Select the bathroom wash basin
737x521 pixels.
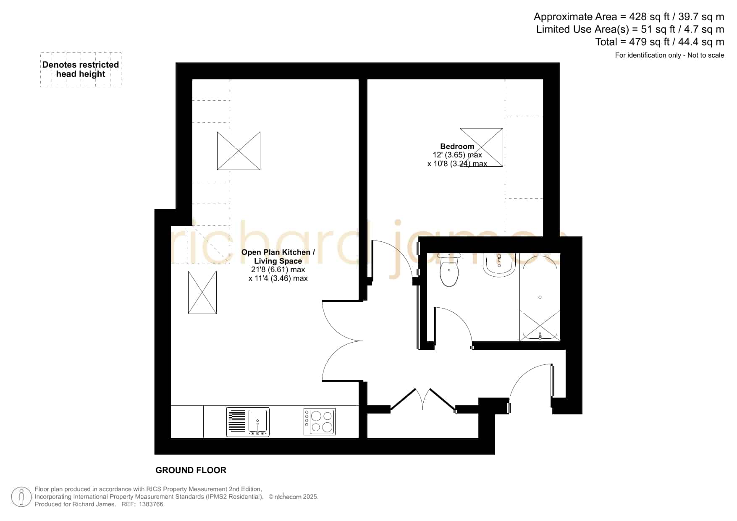coord(499,265)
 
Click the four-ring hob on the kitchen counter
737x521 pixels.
coord(319,422)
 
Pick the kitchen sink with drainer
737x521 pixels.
coord(248,422)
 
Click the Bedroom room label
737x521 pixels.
coord(457,147)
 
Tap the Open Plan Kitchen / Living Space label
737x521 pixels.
coord(278,257)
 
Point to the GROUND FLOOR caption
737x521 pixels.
coord(191,470)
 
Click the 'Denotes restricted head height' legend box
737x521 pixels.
coord(81,70)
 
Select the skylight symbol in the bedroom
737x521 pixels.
coord(481,147)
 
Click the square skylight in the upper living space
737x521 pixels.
coord(239,151)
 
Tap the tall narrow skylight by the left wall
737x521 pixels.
coord(202,292)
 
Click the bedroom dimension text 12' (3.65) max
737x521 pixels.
coord(457,155)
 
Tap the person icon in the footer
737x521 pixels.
coord(21,497)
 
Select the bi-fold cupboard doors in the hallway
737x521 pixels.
coord(423,399)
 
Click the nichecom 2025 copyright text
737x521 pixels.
coord(294,497)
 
